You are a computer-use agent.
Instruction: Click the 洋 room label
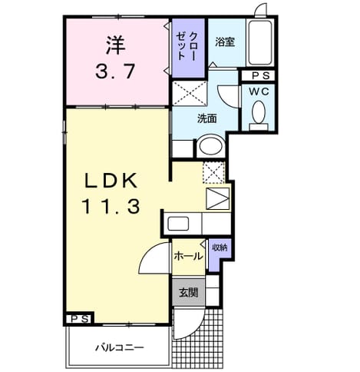[115, 45]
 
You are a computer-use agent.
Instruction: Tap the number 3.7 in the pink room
[115, 71]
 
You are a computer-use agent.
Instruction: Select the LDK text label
[111, 181]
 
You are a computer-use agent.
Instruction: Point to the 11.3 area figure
[111, 207]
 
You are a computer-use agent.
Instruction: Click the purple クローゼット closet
[188, 48]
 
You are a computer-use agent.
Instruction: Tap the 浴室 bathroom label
[225, 42]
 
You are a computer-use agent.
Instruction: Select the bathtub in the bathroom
[261, 42]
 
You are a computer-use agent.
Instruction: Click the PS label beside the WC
[261, 75]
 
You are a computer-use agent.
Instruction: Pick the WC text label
[259, 91]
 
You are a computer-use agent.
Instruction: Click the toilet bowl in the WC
[259, 112]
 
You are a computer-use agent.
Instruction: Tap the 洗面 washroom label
[206, 118]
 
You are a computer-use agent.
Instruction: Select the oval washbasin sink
[210, 147]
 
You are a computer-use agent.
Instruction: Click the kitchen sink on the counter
[178, 224]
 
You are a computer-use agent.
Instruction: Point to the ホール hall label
[188, 256]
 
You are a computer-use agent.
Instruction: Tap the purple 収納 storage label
[220, 247]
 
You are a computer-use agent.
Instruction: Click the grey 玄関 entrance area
[189, 292]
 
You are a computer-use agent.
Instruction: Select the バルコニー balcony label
[120, 347]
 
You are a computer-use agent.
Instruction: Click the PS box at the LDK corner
[80, 319]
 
